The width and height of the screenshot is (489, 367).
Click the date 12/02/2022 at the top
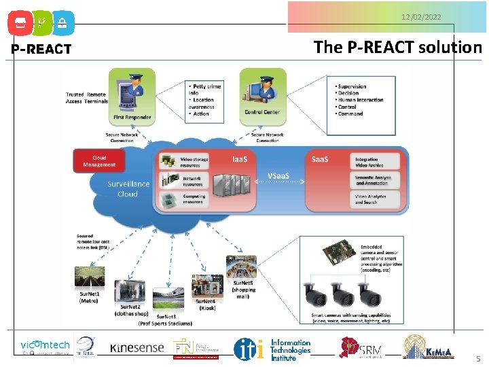point(421,16)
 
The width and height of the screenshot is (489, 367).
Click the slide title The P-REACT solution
point(397,47)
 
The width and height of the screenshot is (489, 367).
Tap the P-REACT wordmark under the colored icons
point(41,49)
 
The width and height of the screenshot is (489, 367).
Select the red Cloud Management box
point(99,161)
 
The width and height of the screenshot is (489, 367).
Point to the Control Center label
point(261,112)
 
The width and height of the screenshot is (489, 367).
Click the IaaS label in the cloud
point(240,159)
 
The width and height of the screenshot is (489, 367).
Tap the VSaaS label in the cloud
point(278,176)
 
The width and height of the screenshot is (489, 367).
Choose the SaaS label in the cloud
point(319,159)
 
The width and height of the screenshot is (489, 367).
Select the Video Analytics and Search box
point(376,199)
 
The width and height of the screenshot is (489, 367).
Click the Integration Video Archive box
point(376,162)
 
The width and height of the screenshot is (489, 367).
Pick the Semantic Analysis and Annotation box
point(376,180)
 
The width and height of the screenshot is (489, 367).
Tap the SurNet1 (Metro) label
point(89,297)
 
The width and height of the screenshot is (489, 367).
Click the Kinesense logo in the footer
point(137,348)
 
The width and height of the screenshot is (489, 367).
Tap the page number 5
point(477,358)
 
